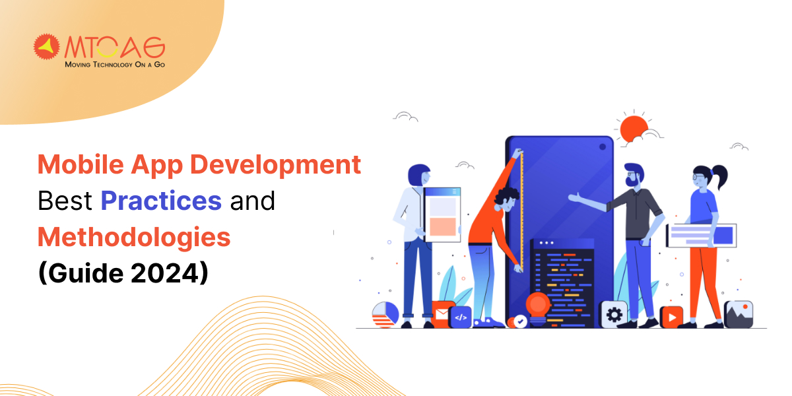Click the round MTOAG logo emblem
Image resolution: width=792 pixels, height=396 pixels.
pyautogui.click(x=47, y=48)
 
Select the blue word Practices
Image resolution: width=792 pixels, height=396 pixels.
pyautogui.click(x=160, y=201)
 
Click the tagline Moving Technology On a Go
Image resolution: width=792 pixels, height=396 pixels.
pyautogui.click(x=114, y=65)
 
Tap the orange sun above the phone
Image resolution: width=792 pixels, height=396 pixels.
pyautogui.click(x=634, y=127)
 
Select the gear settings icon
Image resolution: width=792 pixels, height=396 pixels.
pyautogui.click(x=613, y=314)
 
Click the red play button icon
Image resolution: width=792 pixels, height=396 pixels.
pyautogui.click(x=671, y=317)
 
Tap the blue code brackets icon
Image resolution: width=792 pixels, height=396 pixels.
pyautogui.click(x=460, y=317)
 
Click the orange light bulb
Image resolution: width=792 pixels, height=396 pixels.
pyautogui.click(x=538, y=305)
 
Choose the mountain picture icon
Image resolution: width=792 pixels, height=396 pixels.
pyautogui.click(x=738, y=314)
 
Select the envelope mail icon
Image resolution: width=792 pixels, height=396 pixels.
pyautogui.click(x=442, y=313)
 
